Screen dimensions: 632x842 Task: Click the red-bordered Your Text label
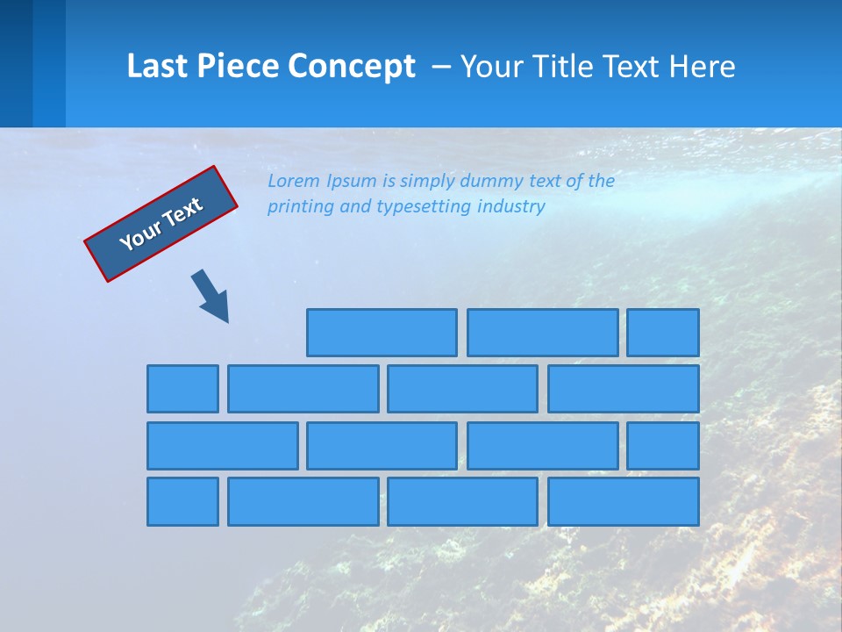(161, 224)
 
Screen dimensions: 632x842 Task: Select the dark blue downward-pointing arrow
(210, 295)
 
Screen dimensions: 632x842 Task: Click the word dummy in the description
(494, 182)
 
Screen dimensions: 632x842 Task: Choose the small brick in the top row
(663, 333)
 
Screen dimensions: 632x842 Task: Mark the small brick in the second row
(182, 389)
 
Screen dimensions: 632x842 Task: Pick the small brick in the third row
(663, 446)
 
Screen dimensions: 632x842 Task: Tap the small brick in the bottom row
(182, 502)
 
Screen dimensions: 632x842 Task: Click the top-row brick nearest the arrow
(382, 333)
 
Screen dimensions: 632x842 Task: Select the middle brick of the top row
(542, 333)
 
